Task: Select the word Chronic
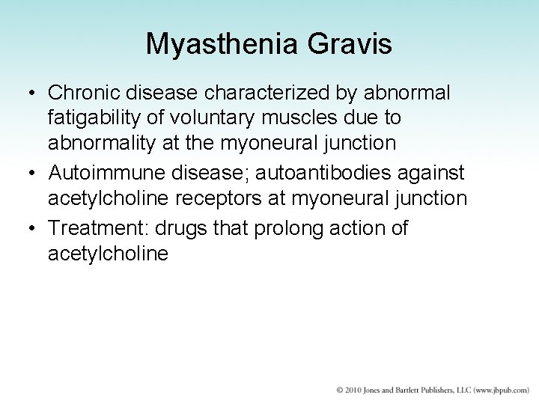[x=84, y=94]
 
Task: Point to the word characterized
[x=287, y=94]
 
